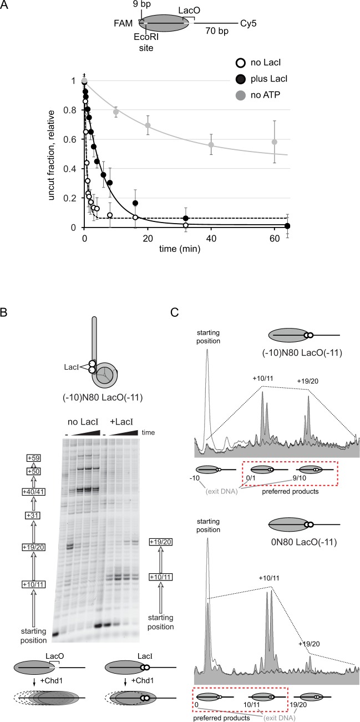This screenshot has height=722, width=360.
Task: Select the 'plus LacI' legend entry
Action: (x=261, y=79)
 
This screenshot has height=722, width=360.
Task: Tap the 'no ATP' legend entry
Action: (x=258, y=95)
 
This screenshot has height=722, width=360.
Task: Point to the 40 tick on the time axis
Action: (x=211, y=239)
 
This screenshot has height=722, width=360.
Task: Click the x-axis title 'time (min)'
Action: (x=180, y=249)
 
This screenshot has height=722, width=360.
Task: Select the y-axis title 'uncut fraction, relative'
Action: (x=51, y=155)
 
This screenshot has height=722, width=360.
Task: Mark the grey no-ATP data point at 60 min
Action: (x=275, y=142)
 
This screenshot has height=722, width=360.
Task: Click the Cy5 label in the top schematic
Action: (x=248, y=23)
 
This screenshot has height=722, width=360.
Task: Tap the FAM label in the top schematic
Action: (x=123, y=23)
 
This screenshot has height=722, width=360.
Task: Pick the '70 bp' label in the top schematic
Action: (x=217, y=31)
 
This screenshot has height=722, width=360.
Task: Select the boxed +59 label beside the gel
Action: (x=33, y=458)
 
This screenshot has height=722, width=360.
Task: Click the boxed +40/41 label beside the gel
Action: (x=33, y=492)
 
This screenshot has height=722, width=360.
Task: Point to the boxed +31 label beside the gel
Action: (x=33, y=516)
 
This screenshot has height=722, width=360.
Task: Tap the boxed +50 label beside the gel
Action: (x=33, y=472)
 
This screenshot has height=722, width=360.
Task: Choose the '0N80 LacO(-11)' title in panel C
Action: (x=304, y=542)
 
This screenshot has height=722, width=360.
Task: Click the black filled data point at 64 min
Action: (x=287, y=226)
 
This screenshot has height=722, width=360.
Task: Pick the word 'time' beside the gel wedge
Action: (x=148, y=432)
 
